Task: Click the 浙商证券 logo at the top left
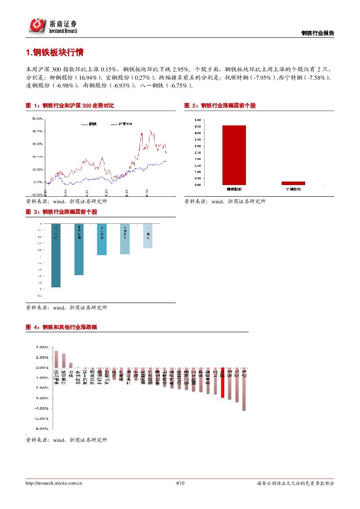(x=53, y=26)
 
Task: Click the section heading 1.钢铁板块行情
(x=54, y=53)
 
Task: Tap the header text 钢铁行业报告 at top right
(x=318, y=34)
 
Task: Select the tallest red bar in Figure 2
(x=234, y=155)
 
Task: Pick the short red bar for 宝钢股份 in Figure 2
(x=293, y=183)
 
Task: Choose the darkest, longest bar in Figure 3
(x=56, y=256)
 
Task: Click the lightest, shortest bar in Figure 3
(x=148, y=236)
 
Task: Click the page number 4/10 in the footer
(x=180, y=483)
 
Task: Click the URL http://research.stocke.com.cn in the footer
(x=54, y=483)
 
